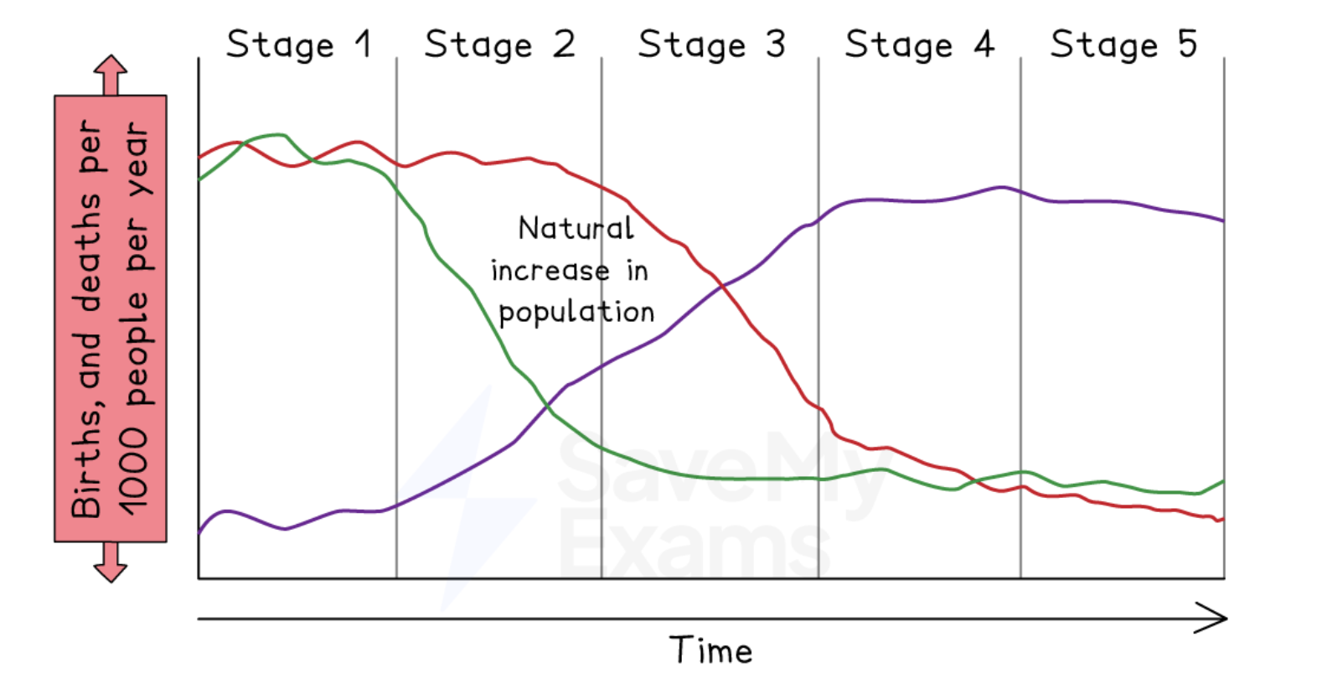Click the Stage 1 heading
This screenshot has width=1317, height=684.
pyautogui.click(x=298, y=44)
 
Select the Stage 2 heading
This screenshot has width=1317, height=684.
pyautogui.click(x=499, y=44)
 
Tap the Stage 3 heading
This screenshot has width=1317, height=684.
pyautogui.click(x=711, y=44)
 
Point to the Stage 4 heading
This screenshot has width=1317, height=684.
pyautogui.click(x=919, y=44)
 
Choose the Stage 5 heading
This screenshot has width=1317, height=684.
pyautogui.click(x=1123, y=44)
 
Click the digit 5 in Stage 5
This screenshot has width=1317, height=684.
pyautogui.click(x=1187, y=44)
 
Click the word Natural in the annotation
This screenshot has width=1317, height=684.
pyautogui.click(x=576, y=228)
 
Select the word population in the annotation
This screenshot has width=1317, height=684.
pyautogui.click(x=576, y=313)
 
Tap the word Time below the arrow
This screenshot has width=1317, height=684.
pyautogui.click(x=710, y=650)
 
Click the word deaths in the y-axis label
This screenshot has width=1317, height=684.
pyautogui.click(x=87, y=251)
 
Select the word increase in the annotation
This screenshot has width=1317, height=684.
pyautogui.click(x=550, y=271)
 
